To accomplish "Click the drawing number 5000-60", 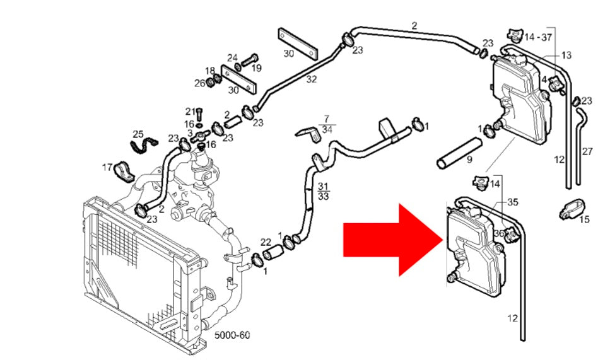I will pyautogui.click(x=232, y=335).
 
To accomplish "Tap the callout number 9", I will pyautogui.click(x=469, y=160).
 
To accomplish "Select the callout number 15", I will pyautogui.click(x=584, y=219).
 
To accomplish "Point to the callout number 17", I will pyautogui.click(x=107, y=168).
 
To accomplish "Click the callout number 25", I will pyautogui.click(x=138, y=134).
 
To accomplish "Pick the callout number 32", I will pyautogui.click(x=311, y=79).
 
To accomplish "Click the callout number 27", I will pyautogui.click(x=587, y=151).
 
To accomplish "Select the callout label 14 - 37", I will pyautogui.click(x=538, y=37).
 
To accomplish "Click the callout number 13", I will pyautogui.click(x=566, y=55).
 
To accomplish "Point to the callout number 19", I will pyautogui.click(x=256, y=68).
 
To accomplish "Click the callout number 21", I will pyautogui.click(x=190, y=112).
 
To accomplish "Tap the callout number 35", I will pyautogui.click(x=512, y=202).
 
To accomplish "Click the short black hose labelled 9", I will pyautogui.click(x=459, y=153).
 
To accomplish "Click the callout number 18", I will pyautogui.click(x=209, y=71).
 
